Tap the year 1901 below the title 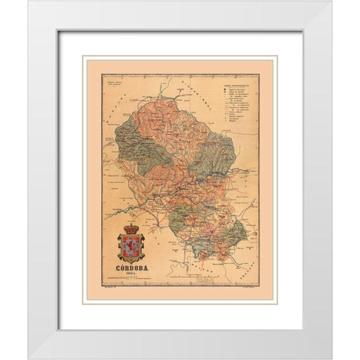point(132,280)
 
